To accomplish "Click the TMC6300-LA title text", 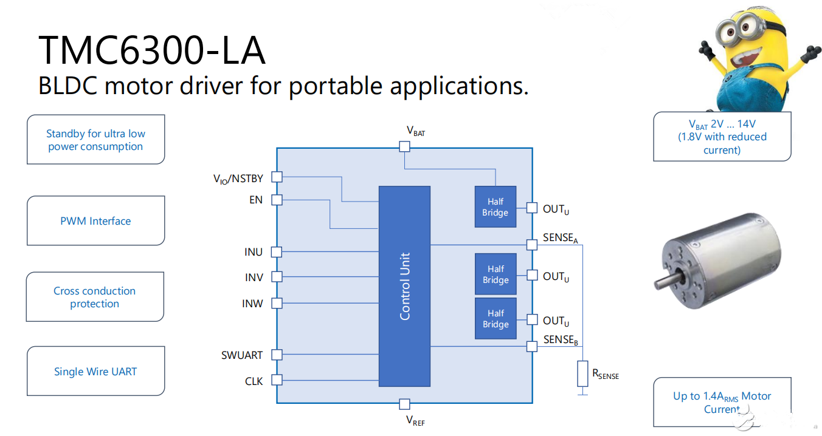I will coord(151,50).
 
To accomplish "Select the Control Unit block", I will coord(404,286).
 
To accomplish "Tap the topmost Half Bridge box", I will coord(495,207).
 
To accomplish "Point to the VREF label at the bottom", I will coord(415,420).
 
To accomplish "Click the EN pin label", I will coord(256,199).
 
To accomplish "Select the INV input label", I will coord(254,277).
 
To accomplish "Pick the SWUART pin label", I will coord(242,355).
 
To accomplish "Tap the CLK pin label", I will coord(254,381).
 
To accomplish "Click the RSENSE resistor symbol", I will coord(582,374).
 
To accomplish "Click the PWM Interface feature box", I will coord(95,221).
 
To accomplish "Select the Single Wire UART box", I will coord(95,372).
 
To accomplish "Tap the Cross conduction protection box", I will coord(95,297).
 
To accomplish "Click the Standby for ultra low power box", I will coord(95,140).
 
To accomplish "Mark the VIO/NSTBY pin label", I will coord(238,179).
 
